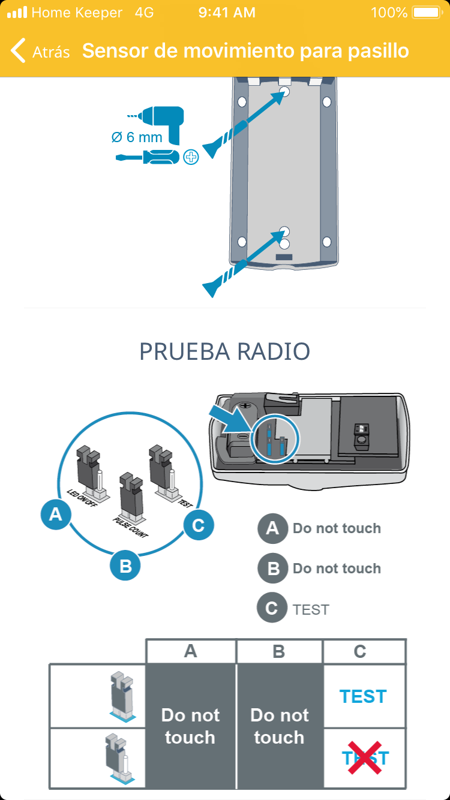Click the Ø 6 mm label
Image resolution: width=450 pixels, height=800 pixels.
(x=137, y=137)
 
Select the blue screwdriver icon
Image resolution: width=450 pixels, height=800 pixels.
(x=148, y=158)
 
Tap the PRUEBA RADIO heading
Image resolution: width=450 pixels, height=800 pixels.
(x=224, y=351)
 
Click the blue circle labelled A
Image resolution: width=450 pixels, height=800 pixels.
(x=56, y=514)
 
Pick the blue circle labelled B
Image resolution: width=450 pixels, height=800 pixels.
(x=125, y=566)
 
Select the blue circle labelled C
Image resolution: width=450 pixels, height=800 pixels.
(x=198, y=526)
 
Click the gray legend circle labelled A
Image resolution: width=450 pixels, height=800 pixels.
(x=272, y=528)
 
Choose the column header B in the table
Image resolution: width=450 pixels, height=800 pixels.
(x=279, y=652)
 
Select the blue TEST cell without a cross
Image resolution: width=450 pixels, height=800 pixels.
(x=364, y=696)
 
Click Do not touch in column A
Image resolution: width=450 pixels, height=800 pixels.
(x=190, y=726)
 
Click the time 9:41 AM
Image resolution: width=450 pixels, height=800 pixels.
(x=227, y=13)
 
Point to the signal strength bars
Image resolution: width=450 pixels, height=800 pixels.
(x=17, y=13)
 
